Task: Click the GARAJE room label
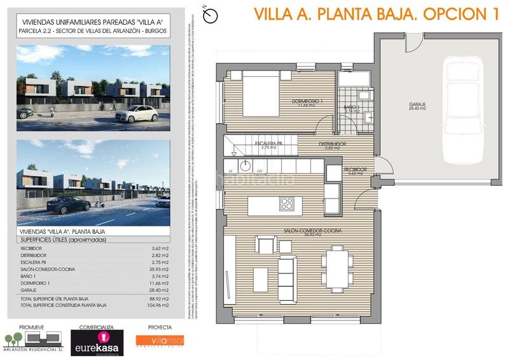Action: (417, 104)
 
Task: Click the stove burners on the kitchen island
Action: (287, 204)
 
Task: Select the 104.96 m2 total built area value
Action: (157, 305)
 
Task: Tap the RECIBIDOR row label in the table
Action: (32, 248)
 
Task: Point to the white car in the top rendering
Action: (137, 113)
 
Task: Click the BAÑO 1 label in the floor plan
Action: (352, 107)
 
